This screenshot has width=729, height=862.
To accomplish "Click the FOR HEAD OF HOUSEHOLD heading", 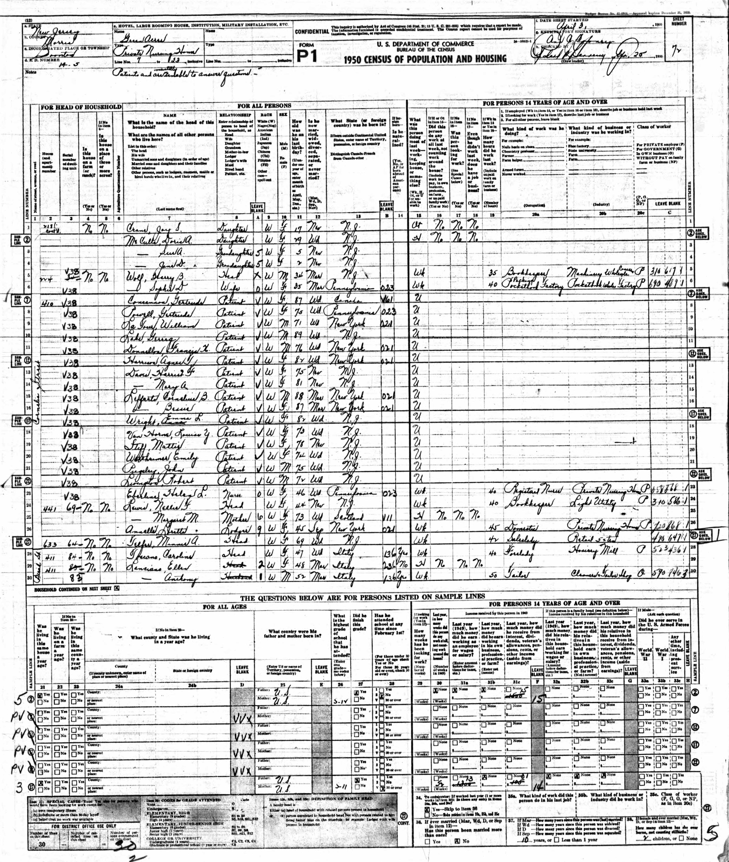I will coord(81,107).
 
